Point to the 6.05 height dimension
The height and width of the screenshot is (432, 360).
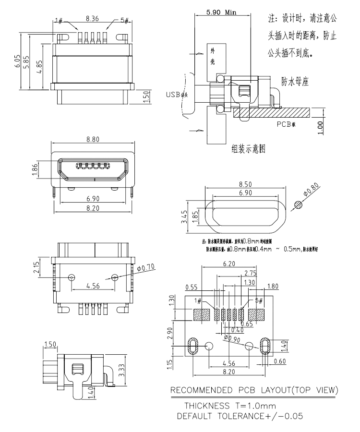point(18,61)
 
